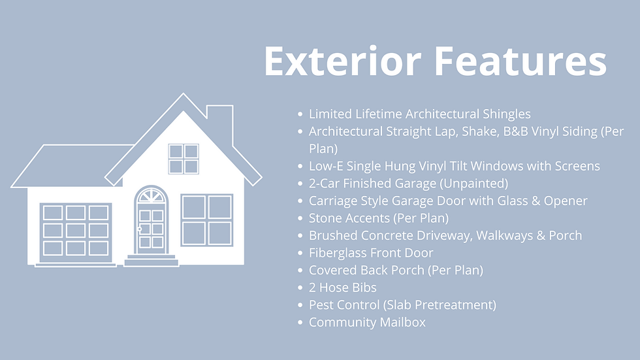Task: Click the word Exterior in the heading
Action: tap(342, 61)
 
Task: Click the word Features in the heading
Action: tap(520, 61)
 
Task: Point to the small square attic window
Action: tap(184, 159)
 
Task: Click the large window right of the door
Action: tap(206, 220)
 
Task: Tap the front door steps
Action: tap(152, 260)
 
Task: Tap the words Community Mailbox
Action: tap(367, 322)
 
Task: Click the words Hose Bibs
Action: tap(347, 287)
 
